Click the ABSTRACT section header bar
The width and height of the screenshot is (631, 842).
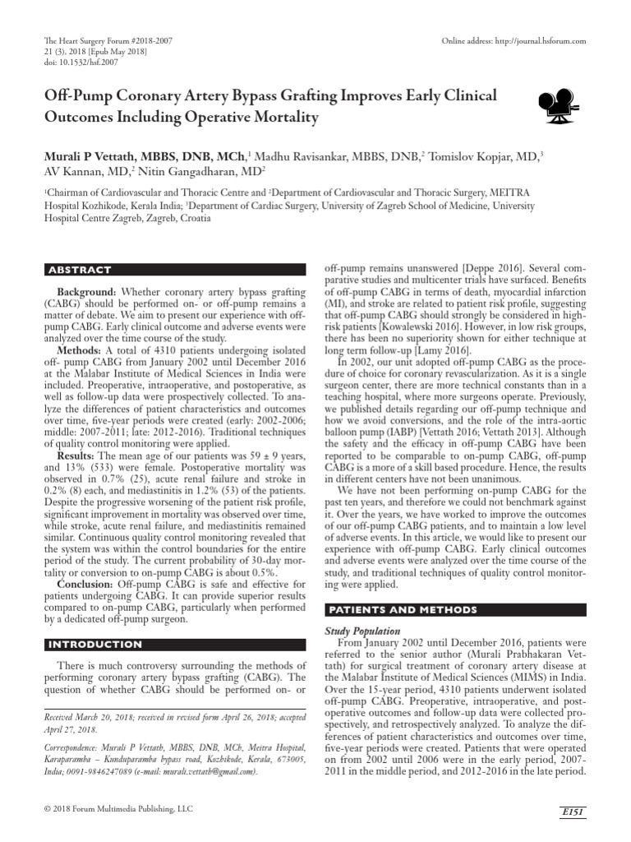173,270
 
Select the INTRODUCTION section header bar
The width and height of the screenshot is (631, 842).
173,644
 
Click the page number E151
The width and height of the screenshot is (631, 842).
572,812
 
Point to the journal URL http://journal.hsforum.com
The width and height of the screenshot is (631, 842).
537,41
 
